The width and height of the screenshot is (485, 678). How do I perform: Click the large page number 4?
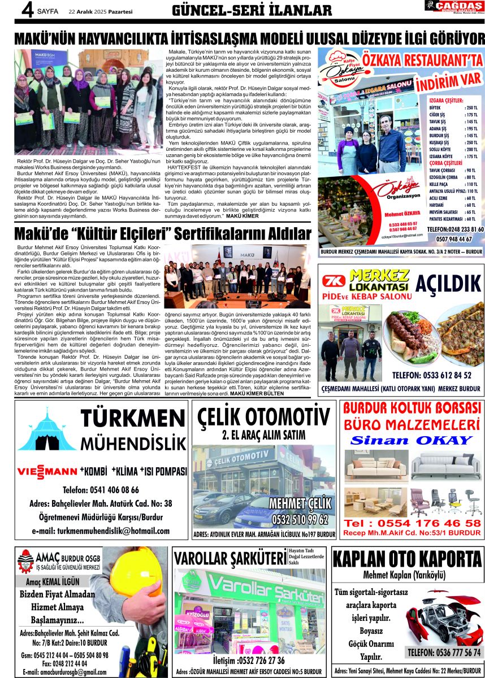[25, 10]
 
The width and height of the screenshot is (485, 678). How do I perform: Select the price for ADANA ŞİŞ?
[471, 129]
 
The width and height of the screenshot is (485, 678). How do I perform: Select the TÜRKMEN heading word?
[129, 419]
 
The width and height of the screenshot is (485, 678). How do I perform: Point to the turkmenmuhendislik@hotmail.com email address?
[101, 531]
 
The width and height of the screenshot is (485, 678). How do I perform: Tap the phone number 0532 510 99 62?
[300, 519]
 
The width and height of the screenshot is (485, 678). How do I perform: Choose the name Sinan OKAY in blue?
[412, 440]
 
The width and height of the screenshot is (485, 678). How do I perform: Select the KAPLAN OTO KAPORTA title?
[407, 559]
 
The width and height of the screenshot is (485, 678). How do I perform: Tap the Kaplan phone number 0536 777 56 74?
[444, 653]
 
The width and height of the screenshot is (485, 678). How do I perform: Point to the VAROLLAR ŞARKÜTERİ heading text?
[231, 559]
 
